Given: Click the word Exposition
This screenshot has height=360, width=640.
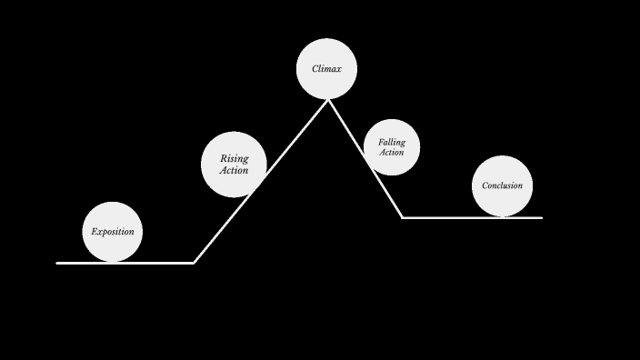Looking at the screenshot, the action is click(x=113, y=232).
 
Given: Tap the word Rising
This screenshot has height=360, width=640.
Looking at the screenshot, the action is click(x=234, y=159).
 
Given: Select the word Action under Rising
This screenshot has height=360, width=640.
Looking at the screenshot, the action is click(x=234, y=170).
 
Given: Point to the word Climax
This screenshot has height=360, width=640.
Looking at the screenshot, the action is click(x=326, y=69).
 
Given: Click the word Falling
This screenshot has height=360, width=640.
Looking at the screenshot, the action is click(x=392, y=143).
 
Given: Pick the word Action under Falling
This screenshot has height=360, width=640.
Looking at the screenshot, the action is click(x=392, y=153).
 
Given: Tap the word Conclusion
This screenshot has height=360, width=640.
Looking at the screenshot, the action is click(x=503, y=185).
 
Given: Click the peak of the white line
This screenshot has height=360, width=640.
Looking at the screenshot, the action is click(x=328, y=100).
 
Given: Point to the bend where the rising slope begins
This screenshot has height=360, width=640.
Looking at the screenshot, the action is click(x=194, y=263).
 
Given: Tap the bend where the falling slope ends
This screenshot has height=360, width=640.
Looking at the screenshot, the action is click(x=403, y=217).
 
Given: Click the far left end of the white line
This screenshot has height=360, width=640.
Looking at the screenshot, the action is click(x=57, y=263).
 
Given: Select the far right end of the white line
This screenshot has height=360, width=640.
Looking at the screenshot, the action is click(x=541, y=217).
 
